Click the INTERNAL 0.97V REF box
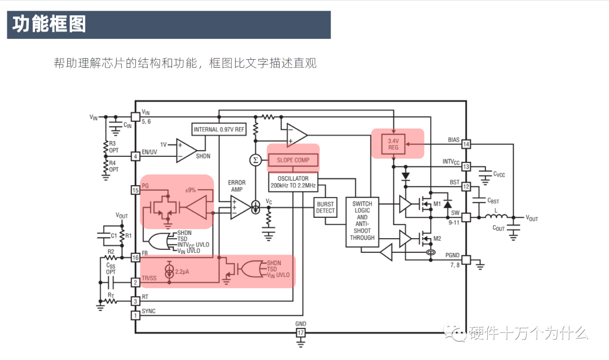tap(219, 130)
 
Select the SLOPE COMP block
tap(293, 160)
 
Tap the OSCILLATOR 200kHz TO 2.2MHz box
tap(293, 182)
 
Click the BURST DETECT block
tap(325, 207)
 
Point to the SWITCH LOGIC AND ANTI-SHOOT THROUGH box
tap(362, 221)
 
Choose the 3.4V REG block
tap(393, 143)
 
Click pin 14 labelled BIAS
tap(466, 144)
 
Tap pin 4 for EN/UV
tap(135, 156)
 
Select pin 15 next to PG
tap(135, 190)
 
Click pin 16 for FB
tap(135, 258)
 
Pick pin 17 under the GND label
tap(301, 333)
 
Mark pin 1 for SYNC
tap(135, 315)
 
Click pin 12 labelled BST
tap(466, 187)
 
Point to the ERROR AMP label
tap(237, 186)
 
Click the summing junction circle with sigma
tap(255, 160)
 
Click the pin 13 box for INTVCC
tap(466, 166)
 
